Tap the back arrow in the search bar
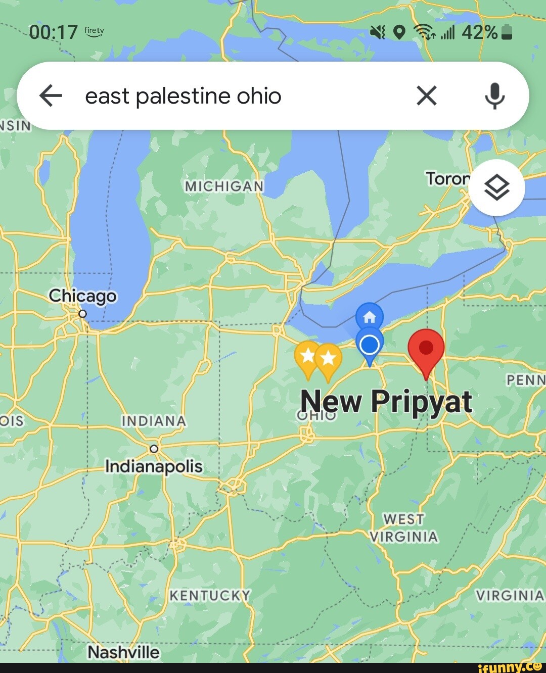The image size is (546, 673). click(x=51, y=95)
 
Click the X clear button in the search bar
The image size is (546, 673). click(x=426, y=95)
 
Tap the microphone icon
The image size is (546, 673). click(x=494, y=95)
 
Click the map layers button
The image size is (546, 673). click(x=496, y=188)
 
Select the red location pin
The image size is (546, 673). click(x=426, y=349)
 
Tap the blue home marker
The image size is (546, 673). click(x=370, y=317)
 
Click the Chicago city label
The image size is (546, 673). click(x=82, y=296)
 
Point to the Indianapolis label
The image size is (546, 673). click(x=154, y=466)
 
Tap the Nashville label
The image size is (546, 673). click(x=123, y=652)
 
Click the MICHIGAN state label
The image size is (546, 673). click(x=224, y=186)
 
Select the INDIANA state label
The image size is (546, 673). click(x=154, y=421)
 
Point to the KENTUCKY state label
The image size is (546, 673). click(x=210, y=596)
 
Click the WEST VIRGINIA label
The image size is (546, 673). click(x=403, y=527)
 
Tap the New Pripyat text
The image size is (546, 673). click(x=386, y=402)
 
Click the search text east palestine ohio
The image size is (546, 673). click(x=183, y=95)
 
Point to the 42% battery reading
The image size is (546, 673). click(x=479, y=33)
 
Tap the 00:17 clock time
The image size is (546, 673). click(x=53, y=33)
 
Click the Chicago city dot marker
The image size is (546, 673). click(x=83, y=314)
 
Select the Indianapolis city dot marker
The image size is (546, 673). click(x=154, y=449)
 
